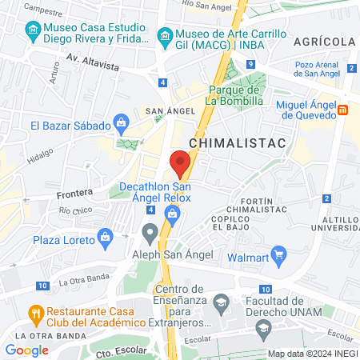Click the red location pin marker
pos(180,162)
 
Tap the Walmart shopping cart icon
pos(279,257)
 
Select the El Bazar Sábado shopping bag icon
pos(122,124)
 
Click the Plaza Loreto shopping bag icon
pos(105,238)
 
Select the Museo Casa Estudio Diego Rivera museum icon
pos(33,33)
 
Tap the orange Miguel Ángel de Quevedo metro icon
pos(342,109)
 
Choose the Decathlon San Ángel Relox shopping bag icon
pos(171,213)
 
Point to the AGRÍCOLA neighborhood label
pos(324,42)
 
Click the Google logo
pos(27,350)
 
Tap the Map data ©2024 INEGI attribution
pos(312,354)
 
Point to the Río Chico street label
pos(76,210)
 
